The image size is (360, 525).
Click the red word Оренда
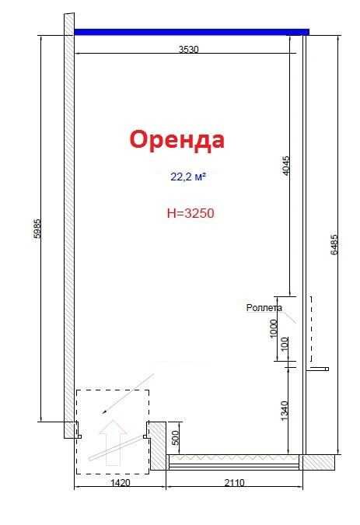click(177, 140)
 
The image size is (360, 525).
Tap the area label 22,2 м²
click(187, 177)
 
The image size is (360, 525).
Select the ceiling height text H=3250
click(190, 212)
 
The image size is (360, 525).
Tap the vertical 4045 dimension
click(285, 165)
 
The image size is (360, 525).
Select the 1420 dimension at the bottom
click(120, 482)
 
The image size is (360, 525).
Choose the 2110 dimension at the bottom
click(234, 482)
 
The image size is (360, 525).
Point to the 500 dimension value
click(175, 438)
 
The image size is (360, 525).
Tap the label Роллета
click(264, 308)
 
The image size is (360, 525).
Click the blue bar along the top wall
click(191, 32)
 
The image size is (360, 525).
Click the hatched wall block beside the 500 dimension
click(156, 444)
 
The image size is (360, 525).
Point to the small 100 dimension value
click(285, 343)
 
